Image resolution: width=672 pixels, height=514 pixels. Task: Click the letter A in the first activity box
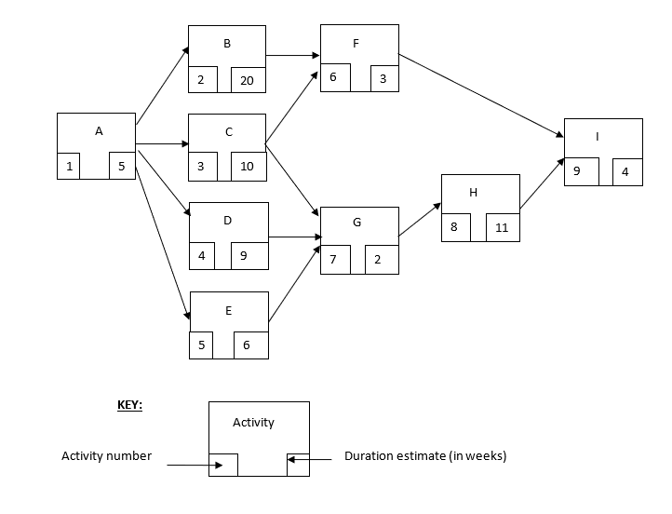99,131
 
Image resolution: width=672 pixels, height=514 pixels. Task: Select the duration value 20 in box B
247,81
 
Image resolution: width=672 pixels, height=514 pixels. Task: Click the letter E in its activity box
228,310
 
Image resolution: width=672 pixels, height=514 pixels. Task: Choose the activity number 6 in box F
333,77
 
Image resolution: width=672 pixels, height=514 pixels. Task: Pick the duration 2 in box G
378,260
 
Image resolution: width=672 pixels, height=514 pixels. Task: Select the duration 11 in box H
502,227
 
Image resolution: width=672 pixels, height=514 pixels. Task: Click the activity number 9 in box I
577,171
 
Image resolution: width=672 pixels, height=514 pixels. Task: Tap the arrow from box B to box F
293,56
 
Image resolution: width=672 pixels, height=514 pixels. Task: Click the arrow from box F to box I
481,96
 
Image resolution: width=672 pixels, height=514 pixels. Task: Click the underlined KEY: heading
129,406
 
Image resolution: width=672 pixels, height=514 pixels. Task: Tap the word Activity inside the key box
253,423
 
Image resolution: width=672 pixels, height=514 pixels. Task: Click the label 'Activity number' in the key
106,456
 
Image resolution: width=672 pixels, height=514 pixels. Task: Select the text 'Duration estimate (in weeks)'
425,456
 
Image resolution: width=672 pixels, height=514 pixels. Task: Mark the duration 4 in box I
625,172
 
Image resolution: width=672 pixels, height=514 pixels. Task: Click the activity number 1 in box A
69,167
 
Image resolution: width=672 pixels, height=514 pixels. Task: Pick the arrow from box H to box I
542,183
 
